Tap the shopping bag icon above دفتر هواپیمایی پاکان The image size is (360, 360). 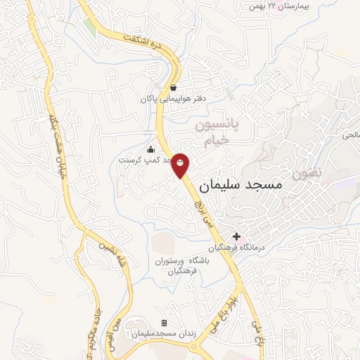click(x=173, y=88)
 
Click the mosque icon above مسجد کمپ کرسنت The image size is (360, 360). click(x=150, y=149)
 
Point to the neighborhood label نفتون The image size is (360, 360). click(x=308, y=172)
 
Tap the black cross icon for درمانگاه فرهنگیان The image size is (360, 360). click(x=237, y=236)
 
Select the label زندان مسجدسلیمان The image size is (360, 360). click(x=164, y=333)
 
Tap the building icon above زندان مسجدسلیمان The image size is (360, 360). click(x=164, y=322)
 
